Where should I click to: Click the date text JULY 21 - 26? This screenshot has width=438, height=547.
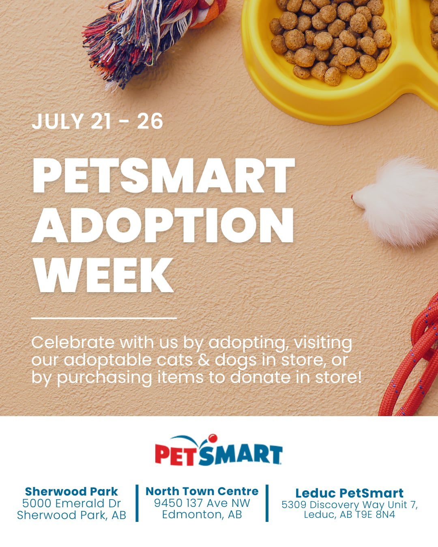coord(97,121)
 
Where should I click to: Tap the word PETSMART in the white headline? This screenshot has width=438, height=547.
coord(163,176)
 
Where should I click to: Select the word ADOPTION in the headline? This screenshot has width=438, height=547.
coord(163,225)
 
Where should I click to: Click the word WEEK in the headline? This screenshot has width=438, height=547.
coord(103,275)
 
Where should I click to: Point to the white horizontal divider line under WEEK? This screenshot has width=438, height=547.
coord(104,318)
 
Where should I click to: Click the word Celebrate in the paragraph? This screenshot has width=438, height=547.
coord(73,342)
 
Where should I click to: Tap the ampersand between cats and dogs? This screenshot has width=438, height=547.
coord(203,360)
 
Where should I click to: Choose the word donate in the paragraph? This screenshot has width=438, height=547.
coord(260,378)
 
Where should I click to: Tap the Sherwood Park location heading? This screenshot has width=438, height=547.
coord(71,491)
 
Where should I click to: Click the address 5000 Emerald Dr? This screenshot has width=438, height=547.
coord(71,503)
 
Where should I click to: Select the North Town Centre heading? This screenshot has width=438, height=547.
coord(202,491)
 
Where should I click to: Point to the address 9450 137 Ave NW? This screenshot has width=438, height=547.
coord(202,503)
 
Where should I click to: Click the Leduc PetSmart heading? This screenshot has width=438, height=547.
coord(350,493)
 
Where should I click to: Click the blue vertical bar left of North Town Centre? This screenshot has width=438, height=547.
coord(137,503)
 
